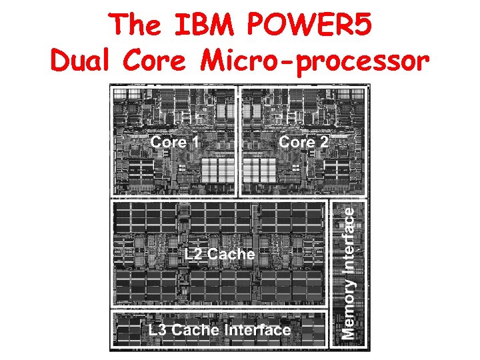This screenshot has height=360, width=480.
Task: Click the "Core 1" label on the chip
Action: [x=175, y=141]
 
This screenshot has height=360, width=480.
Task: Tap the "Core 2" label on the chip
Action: [x=303, y=141]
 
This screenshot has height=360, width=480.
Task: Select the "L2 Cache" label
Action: [x=220, y=254]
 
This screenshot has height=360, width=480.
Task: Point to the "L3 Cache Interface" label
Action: [x=219, y=329]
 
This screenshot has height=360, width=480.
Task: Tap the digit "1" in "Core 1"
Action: [x=195, y=141]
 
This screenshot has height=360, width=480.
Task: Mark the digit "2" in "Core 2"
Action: [x=323, y=141]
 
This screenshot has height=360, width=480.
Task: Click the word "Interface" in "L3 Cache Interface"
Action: [x=258, y=329]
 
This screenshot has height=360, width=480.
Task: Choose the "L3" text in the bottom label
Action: [x=157, y=329]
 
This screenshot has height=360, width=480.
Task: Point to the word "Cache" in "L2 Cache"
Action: [x=231, y=254]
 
